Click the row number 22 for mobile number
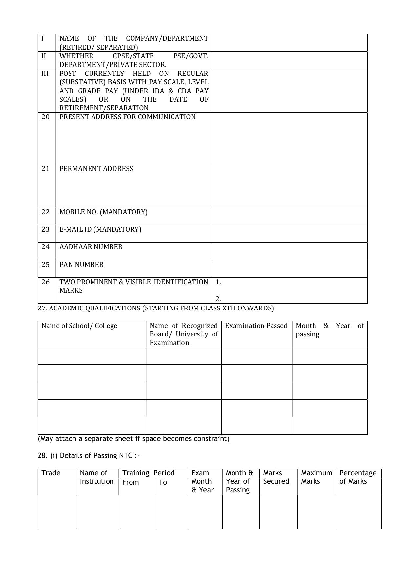(x=45, y=212)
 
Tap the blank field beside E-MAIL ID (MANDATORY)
(x=290, y=234)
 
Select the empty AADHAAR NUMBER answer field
(x=290, y=251)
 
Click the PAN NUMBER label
(x=81, y=265)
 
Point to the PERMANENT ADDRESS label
(x=96, y=169)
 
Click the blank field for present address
(x=290, y=138)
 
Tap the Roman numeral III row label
(x=45, y=74)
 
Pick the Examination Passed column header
(x=256, y=326)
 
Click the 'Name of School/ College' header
(x=79, y=326)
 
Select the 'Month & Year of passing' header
(x=330, y=330)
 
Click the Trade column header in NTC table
(x=51, y=473)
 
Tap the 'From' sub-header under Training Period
(x=131, y=482)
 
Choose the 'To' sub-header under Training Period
(x=163, y=482)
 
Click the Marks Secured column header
(x=276, y=477)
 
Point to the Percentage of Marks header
(x=358, y=477)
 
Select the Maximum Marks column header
(x=316, y=477)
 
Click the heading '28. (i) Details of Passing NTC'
(x=89, y=456)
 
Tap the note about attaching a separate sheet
(x=133, y=439)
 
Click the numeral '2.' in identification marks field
(x=218, y=299)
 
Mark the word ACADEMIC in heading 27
(x=66, y=308)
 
